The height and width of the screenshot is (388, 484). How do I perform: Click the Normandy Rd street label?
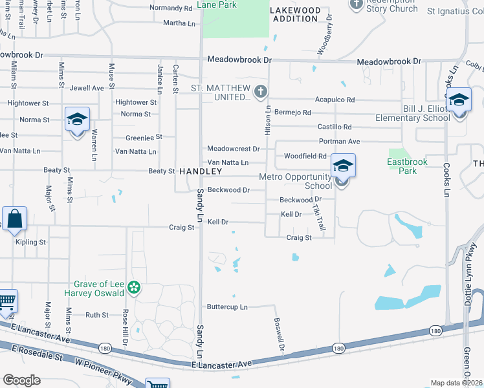coord(171,8)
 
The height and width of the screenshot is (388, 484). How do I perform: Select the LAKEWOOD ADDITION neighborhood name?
coord(295,15)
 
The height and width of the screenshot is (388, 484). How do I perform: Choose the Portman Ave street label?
coord(339,141)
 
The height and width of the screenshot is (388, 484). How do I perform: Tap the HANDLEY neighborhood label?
coord(200,171)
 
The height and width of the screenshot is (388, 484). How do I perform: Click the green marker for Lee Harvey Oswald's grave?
coord(134,287)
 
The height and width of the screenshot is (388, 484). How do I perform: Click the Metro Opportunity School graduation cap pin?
coord(342,166)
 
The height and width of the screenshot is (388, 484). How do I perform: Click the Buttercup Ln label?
coord(227,307)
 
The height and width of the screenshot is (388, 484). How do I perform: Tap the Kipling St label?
coord(30,242)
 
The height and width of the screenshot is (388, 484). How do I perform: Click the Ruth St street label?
coord(97,315)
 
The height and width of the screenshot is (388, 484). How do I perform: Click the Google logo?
coord(22,380)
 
